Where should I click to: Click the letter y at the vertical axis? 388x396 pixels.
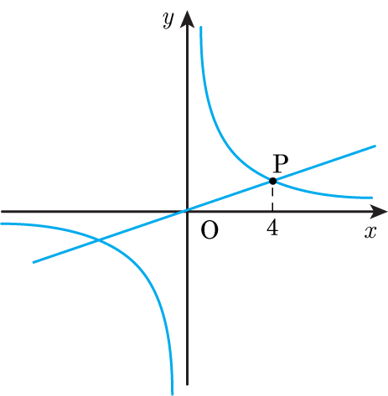[x=168, y=20]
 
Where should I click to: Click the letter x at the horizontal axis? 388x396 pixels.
[x=370, y=232]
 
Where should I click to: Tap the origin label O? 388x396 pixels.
[x=210, y=230]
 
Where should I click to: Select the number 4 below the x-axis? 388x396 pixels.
[x=272, y=229]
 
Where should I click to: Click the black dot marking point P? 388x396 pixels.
[x=273, y=181]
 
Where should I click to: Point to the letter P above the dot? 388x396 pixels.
[x=280, y=163]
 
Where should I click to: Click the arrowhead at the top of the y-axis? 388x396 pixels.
[x=187, y=19]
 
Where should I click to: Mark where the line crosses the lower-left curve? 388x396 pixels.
[x=98, y=240]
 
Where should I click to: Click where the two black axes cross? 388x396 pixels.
[x=187, y=212]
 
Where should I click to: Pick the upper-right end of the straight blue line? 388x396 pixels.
[x=375, y=146]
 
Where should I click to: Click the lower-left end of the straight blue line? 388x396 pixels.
[x=34, y=262]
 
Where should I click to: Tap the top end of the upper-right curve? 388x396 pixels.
[x=200, y=27]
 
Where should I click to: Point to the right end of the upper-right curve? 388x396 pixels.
[x=372, y=198]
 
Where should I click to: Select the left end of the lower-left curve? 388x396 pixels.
[x=1, y=224]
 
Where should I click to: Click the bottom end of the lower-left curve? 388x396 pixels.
[x=172, y=394]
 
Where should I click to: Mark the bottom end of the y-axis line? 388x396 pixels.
[x=187, y=385]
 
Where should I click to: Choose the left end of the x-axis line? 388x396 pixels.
[x=2, y=212]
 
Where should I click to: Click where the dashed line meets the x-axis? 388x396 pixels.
[x=272, y=212]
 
